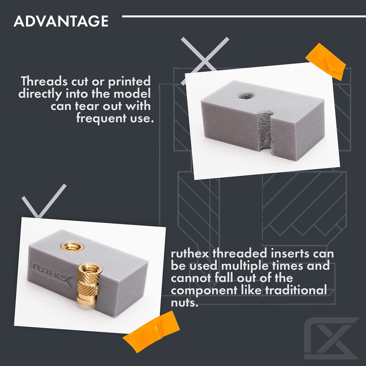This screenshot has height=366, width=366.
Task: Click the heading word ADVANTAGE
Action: point(60,21)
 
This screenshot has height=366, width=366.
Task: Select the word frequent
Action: point(103,118)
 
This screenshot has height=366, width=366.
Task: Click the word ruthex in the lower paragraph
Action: point(189,253)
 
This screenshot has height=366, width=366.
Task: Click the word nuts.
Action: point(185,302)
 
